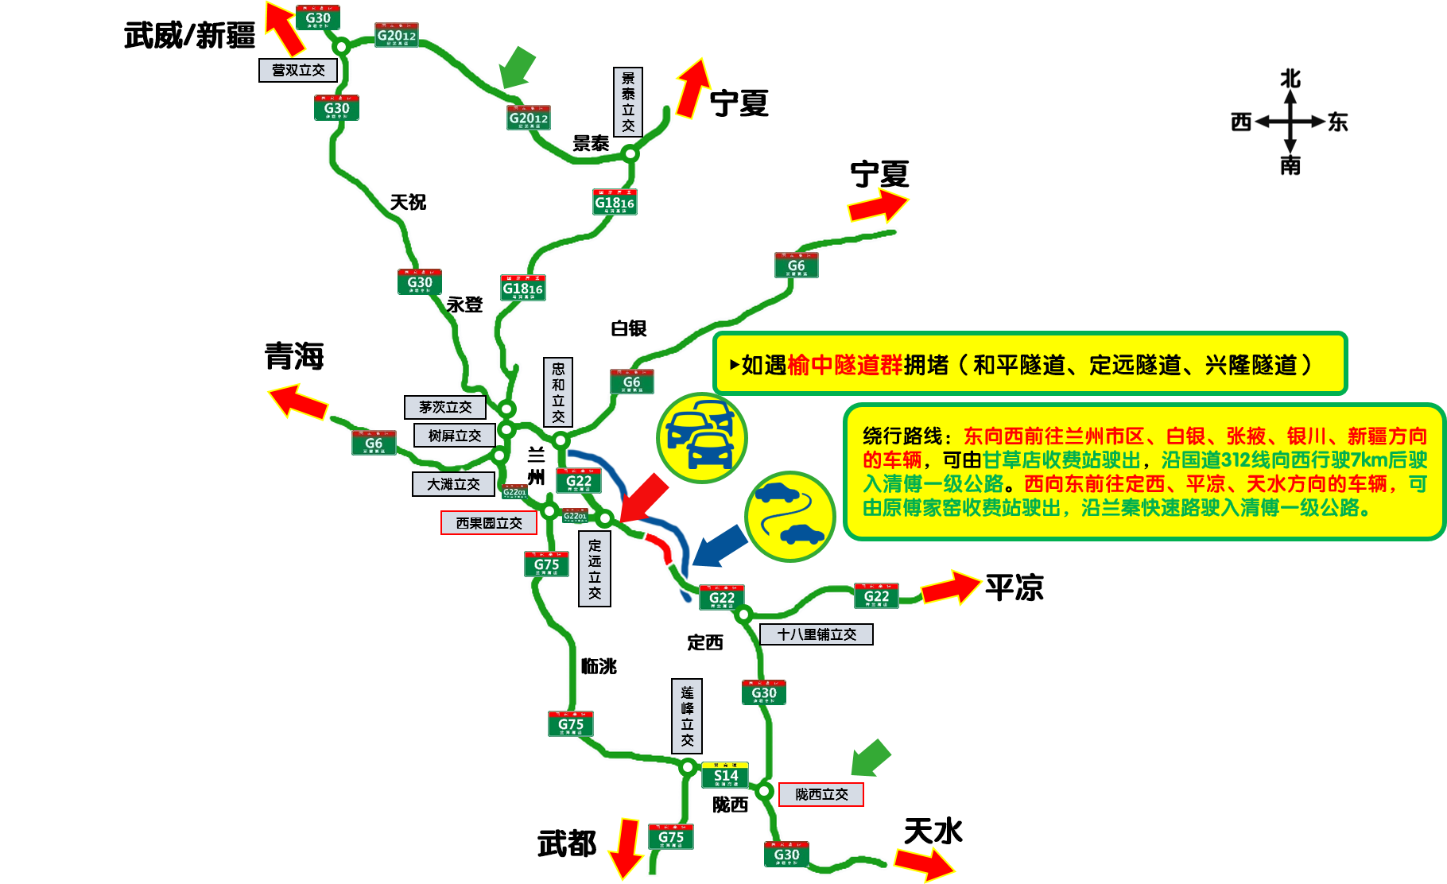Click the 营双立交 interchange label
pyautogui.click(x=298, y=70)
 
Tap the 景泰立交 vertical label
pyautogui.click(x=628, y=102)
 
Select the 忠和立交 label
pyautogui.click(x=558, y=392)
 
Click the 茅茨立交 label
pyautogui.click(x=445, y=407)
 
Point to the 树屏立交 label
pyautogui.click(x=455, y=436)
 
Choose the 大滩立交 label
pyautogui.click(x=453, y=484)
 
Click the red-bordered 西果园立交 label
pyautogui.click(x=489, y=523)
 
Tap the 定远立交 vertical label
pyautogui.click(x=595, y=569)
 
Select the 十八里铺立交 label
pyautogui.click(x=817, y=634)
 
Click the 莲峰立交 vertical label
pyautogui.click(x=687, y=715)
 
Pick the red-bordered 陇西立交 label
pyautogui.click(x=821, y=794)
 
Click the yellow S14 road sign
pyautogui.click(x=725, y=775)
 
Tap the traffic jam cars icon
pyautogui.click(x=701, y=437)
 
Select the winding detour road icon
pyautogui.click(x=789, y=516)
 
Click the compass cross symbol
pyautogui.click(x=1290, y=122)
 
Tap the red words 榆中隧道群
pyautogui.click(x=845, y=365)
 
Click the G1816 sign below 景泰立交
pyautogui.click(x=615, y=203)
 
